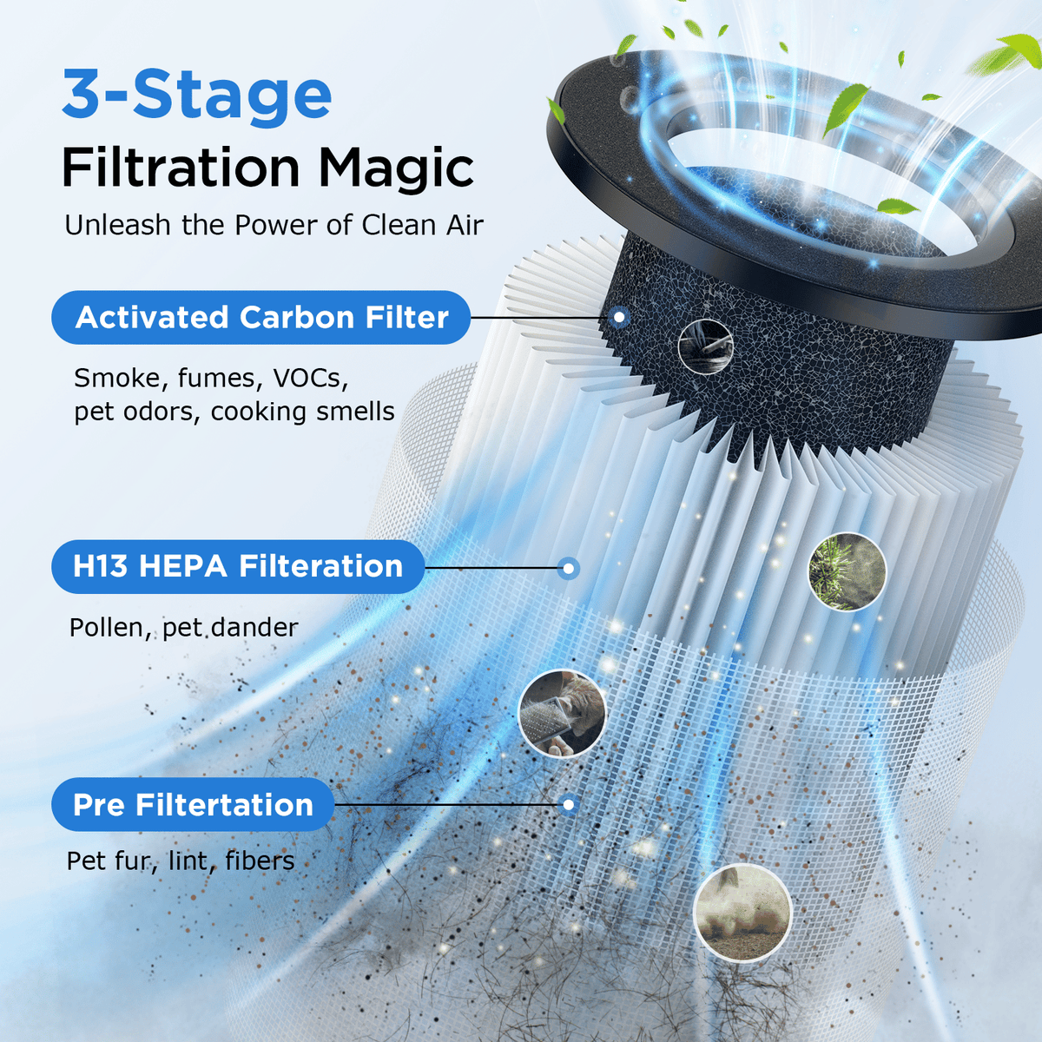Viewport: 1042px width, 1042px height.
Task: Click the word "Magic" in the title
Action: pyautogui.click(x=396, y=168)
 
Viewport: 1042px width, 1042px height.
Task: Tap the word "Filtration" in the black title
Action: pyautogui.click(x=181, y=167)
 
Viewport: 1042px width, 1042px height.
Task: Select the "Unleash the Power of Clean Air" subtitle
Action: pyautogui.click(x=274, y=225)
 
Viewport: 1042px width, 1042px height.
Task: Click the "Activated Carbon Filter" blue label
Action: pyautogui.click(x=260, y=318)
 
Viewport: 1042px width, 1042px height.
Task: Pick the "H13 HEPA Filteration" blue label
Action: pyautogui.click(x=238, y=567)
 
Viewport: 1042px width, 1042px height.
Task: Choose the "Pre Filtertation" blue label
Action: pyautogui.click(x=193, y=805)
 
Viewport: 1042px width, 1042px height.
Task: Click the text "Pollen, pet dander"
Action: pyautogui.click(x=183, y=628)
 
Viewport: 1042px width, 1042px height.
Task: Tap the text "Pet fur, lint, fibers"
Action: pyautogui.click(x=180, y=861)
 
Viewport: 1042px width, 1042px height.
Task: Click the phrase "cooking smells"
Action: pyautogui.click(x=302, y=412)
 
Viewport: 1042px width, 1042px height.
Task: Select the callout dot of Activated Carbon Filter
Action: pyautogui.click(x=620, y=316)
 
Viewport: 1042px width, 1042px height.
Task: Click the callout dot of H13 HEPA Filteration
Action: pyautogui.click(x=568, y=568)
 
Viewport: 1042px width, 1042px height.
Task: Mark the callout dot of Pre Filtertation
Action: pyautogui.click(x=568, y=805)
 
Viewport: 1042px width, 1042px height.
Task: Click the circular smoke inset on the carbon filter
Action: pyautogui.click(x=706, y=346)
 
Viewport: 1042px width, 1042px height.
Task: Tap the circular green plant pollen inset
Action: pyautogui.click(x=847, y=571)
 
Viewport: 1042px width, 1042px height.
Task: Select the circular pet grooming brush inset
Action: pyautogui.click(x=563, y=713)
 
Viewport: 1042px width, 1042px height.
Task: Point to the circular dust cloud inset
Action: pyautogui.click(x=742, y=913)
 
